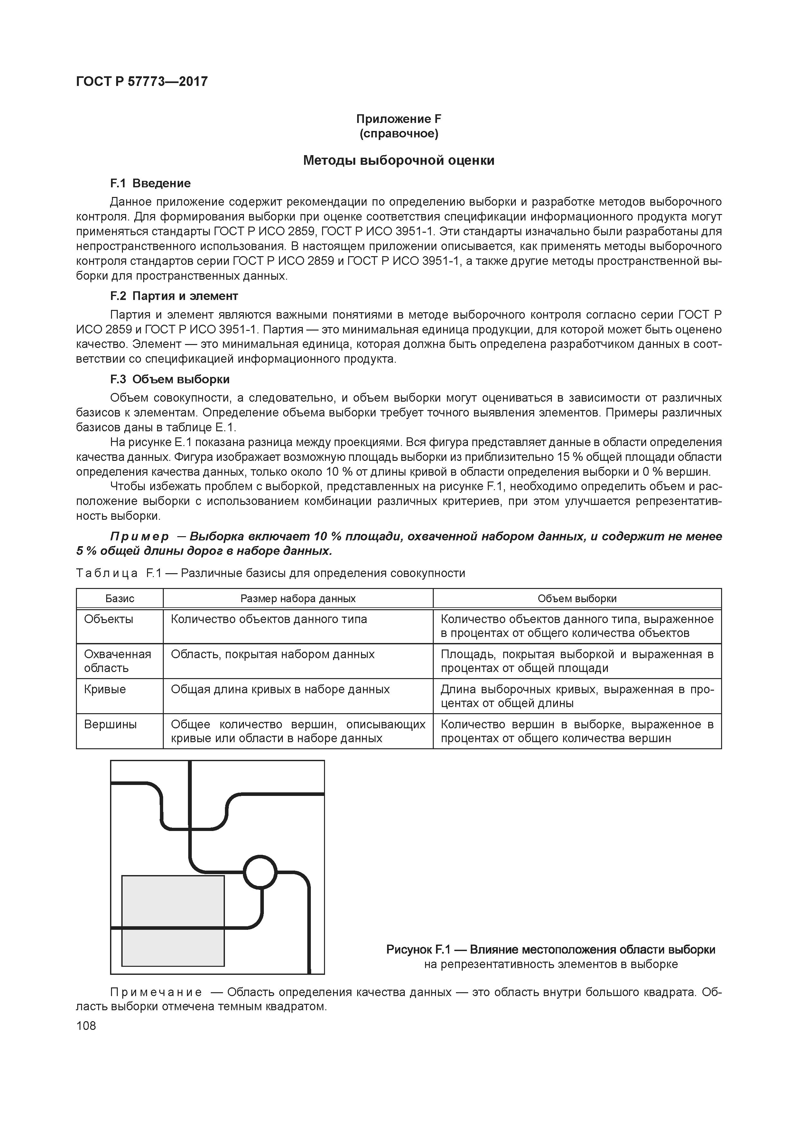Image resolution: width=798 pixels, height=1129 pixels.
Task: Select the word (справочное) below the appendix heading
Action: point(398,134)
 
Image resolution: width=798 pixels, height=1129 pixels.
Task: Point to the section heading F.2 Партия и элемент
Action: point(174,296)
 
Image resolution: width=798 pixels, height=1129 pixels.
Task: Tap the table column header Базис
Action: point(119,598)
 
